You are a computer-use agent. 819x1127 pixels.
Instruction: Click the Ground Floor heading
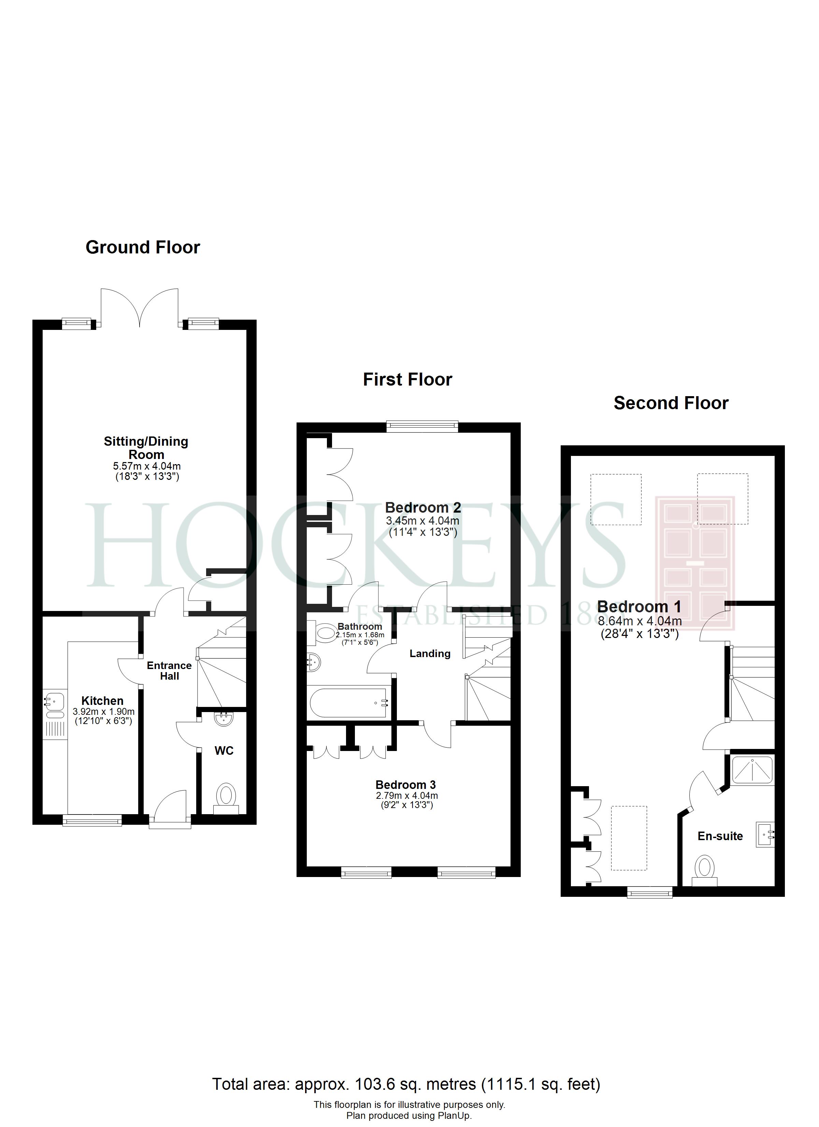pos(143,248)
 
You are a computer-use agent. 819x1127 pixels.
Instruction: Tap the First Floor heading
pos(408,380)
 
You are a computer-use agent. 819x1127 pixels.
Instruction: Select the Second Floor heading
pos(671,403)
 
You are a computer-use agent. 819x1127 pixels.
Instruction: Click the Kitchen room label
pos(102,701)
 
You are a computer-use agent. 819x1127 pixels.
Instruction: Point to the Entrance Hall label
pos(169,671)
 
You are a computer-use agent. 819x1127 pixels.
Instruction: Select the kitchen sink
pos(54,705)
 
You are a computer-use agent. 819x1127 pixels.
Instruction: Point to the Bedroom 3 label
pos(406,785)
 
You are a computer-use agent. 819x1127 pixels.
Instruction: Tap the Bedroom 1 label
pos(639,607)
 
